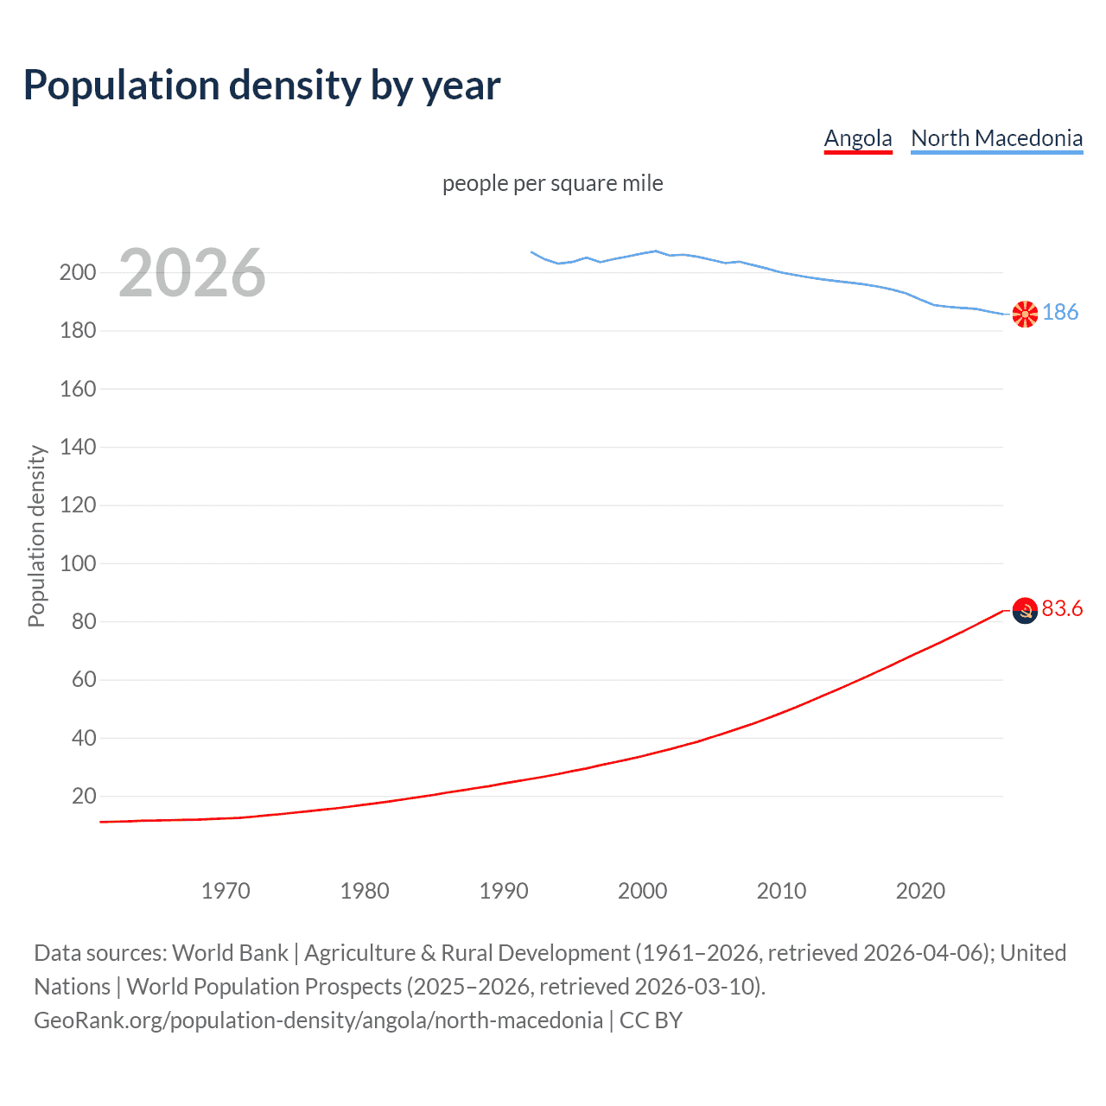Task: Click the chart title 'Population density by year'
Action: point(262,86)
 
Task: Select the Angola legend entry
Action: point(857,138)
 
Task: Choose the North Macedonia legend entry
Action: point(996,138)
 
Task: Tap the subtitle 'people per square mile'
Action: point(552,183)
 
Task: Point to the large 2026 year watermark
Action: point(192,273)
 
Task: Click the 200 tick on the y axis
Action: point(78,272)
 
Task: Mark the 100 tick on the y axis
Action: point(78,563)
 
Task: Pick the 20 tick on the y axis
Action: point(84,796)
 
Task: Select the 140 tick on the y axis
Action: point(78,447)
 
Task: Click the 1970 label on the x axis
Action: point(226,891)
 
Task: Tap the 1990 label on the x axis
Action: point(504,891)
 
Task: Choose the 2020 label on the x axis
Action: point(920,891)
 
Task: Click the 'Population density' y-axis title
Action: point(36,536)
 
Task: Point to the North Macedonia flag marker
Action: point(1025,315)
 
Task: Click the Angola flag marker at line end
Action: point(1025,611)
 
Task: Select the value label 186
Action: point(1060,312)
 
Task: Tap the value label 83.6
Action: point(1062,609)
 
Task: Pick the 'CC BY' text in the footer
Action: point(651,1020)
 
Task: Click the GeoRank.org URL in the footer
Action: point(318,1020)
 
